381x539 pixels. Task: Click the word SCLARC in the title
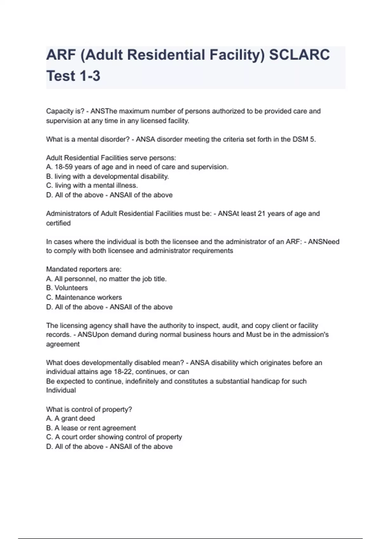click(x=299, y=55)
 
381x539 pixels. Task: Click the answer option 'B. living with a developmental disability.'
click(x=107, y=176)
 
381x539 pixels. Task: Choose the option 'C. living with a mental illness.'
click(x=92, y=185)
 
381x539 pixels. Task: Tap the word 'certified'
click(x=58, y=223)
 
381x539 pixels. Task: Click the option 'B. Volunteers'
click(x=67, y=288)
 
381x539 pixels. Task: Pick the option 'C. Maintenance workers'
click(x=84, y=297)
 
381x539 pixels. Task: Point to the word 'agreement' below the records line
click(x=63, y=344)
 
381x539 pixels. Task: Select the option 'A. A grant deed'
click(x=70, y=419)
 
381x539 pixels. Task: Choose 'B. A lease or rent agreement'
click(x=91, y=428)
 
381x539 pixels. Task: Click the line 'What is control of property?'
click(x=89, y=409)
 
